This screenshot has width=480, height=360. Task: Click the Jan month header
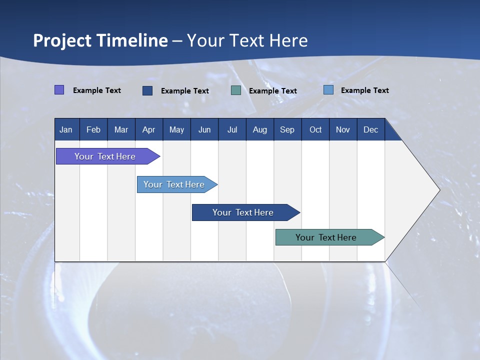66,130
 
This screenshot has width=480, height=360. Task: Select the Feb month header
93,130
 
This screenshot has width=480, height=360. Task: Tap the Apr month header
148,130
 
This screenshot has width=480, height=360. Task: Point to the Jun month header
204,130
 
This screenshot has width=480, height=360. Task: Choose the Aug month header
259,130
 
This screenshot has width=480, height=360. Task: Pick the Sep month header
287,130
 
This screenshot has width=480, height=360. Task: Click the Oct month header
315,130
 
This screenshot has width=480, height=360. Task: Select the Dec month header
370,130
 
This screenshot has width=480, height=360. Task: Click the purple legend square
59,90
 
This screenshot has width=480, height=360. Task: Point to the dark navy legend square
147,90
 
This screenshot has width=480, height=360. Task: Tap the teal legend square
236,90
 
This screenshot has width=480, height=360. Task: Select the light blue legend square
328,90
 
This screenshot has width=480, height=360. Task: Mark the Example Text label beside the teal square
273,91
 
